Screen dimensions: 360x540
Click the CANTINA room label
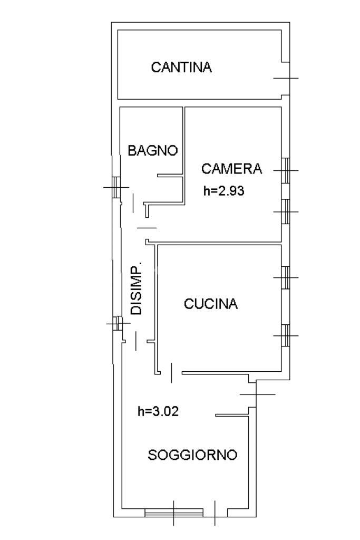181,67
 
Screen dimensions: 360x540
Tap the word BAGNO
153,150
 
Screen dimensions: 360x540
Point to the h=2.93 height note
224,191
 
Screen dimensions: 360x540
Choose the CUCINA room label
211,304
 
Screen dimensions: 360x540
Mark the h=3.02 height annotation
158,411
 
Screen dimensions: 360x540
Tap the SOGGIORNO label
192,455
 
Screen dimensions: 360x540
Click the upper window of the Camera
286,170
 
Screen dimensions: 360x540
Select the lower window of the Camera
286,211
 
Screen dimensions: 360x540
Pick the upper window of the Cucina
286,277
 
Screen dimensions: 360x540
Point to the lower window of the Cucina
286,335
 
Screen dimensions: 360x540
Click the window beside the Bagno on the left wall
115,186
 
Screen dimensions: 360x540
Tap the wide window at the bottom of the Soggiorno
174,512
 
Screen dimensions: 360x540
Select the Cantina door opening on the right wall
286,78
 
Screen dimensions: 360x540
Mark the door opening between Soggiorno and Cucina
171,373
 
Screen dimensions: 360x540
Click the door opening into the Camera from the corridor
147,228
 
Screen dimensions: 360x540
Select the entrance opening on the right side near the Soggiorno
256,394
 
